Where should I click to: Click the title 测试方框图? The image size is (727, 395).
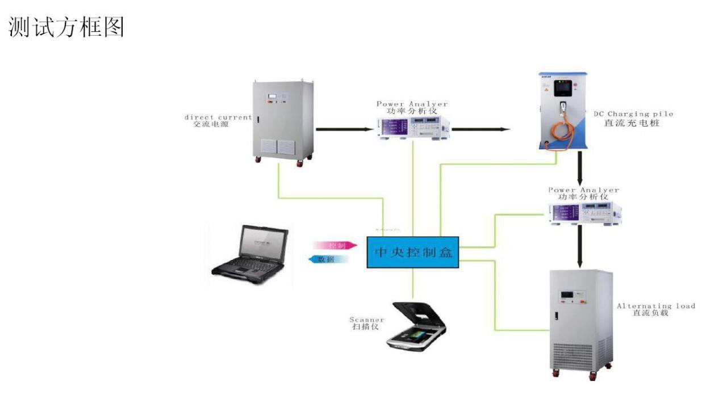click(x=66, y=27)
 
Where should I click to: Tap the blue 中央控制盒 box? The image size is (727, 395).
click(x=412, y=251)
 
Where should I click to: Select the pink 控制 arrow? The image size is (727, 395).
click(x=335, y=245)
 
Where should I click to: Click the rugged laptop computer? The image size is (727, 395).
click(x=250, y=255)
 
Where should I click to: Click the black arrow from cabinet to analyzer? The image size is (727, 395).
click(x=344, y=129)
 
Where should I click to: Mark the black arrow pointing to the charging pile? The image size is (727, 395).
click(x=481, y=129)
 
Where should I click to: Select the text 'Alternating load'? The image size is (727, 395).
click(x=656, y=306)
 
